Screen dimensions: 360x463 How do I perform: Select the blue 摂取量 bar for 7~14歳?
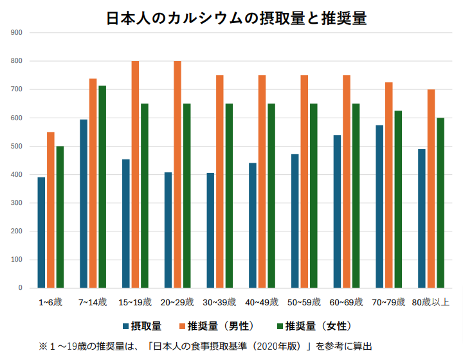84,204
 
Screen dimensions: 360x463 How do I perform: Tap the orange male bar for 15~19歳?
135,174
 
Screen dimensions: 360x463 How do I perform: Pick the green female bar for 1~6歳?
60,217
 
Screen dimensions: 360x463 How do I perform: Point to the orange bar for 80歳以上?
431,189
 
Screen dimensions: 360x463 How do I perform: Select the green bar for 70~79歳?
398,199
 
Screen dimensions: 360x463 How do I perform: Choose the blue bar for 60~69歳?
338,212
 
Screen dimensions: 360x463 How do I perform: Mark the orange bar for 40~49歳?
262,181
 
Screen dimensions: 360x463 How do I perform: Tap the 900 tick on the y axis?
17,33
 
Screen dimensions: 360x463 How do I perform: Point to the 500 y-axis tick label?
17,146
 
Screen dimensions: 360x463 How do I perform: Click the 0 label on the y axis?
21,288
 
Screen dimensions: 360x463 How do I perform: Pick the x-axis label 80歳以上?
431,301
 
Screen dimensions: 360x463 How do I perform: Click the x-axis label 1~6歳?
50,301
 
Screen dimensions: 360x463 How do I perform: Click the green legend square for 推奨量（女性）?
279,325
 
